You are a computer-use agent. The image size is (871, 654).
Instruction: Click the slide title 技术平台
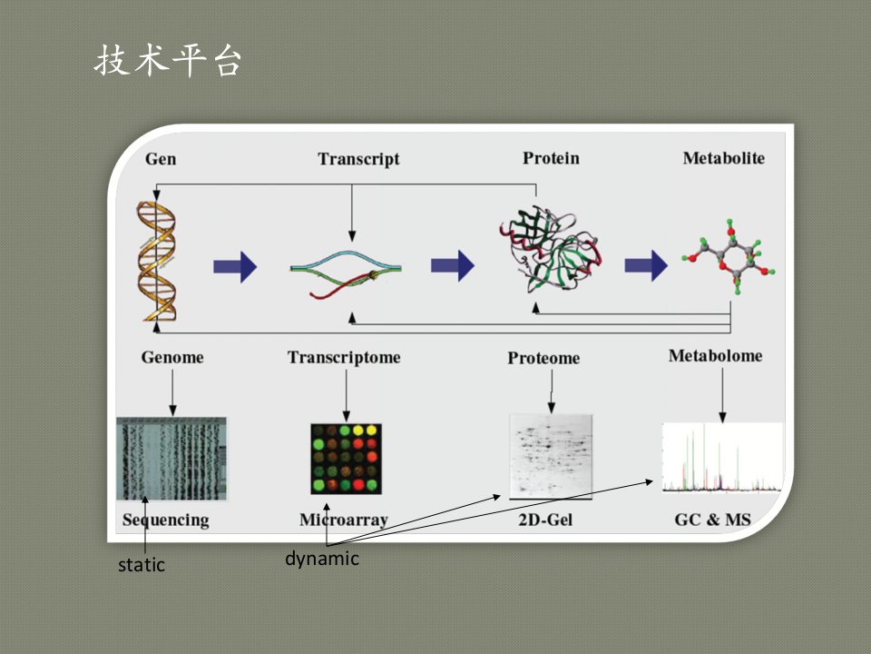pos(168,60)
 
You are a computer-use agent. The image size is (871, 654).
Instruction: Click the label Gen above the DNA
pos(161,159)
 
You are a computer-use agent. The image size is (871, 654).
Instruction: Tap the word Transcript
pos(358,159)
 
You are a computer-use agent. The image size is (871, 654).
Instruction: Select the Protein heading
pos(551,158)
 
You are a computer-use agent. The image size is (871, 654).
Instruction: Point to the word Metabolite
pos(723,158)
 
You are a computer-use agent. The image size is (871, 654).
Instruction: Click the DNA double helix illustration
pos(157,262)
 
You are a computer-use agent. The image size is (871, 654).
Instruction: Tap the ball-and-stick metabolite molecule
pos(729,256)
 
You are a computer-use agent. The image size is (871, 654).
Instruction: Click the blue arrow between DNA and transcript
pos(235,267)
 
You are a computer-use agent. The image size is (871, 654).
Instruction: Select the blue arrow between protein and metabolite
pos(646,266)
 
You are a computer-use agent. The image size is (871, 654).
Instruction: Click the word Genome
pos(172,357)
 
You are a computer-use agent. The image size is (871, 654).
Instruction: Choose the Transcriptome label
pos(344,358)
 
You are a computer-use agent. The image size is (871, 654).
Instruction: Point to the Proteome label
pos(543,358)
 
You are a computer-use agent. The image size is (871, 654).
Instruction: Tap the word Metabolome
pos(716,356)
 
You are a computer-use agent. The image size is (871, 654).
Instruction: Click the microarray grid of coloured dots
pos(346,459)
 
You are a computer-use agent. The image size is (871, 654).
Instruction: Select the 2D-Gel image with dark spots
pos(551,457)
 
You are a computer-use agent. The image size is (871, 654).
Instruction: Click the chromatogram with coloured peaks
pos(722,458)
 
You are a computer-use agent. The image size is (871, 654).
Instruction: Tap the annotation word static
pos(142,565)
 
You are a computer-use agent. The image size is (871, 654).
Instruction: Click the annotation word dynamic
pos(322,559)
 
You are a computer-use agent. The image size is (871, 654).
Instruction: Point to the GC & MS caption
pos(713,520)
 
